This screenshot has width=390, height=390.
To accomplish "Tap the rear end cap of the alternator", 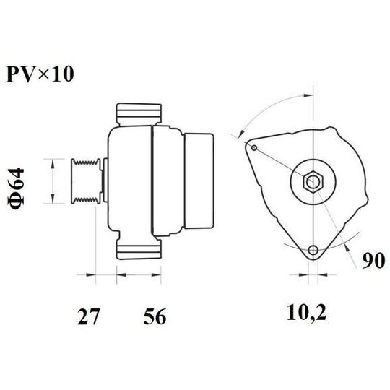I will click(x=198, y=181).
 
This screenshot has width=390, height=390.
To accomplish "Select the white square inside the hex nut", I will click(x=312, y=182).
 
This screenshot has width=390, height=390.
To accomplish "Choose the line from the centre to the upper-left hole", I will click(x=282, y=164).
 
